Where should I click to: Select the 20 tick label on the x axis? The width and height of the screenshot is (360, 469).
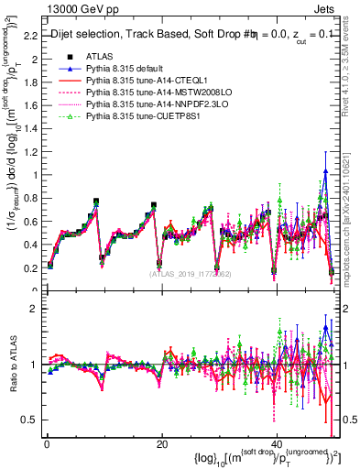pyautogui.click(x=161, y=443)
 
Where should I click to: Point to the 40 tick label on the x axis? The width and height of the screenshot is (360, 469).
pyautogui.click(x=278, y=443)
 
